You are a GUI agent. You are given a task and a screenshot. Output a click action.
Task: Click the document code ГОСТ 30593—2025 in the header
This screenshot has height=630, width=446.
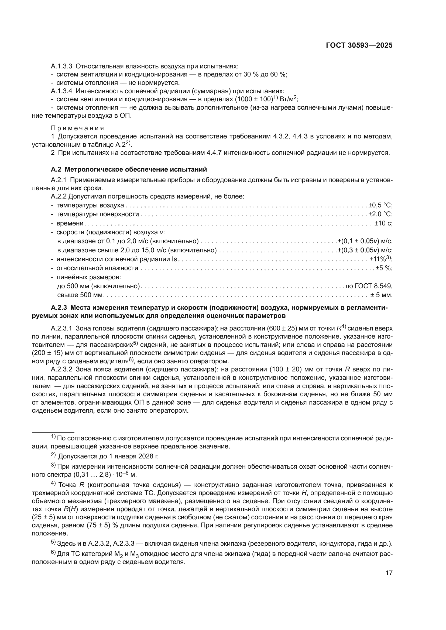point(359,46)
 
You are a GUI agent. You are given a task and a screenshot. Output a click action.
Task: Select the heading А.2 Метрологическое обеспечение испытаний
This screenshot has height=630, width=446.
point(129,169)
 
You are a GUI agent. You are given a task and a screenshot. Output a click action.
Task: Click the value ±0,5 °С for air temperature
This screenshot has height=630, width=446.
point(380,205)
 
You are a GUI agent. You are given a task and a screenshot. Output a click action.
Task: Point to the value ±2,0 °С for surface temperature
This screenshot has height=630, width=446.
point(380,214)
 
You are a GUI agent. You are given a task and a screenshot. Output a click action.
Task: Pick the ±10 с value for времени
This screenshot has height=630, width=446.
point(383,223)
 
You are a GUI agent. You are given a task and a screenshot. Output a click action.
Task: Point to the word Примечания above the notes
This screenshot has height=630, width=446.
point(77,128)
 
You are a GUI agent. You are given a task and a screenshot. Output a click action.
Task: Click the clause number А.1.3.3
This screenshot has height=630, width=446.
point(61,66)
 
